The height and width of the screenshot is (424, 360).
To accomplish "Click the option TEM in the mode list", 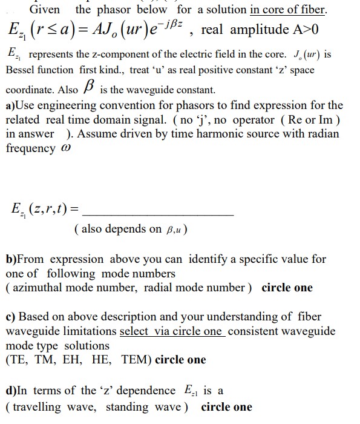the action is click(x=137, y=360).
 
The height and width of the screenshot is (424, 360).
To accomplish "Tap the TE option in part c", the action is click(x=18, y=360).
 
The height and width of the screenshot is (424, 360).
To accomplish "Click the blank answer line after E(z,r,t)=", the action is click(x=157, y=214).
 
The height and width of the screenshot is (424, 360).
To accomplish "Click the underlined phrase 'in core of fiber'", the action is click(x=288, y=10).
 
